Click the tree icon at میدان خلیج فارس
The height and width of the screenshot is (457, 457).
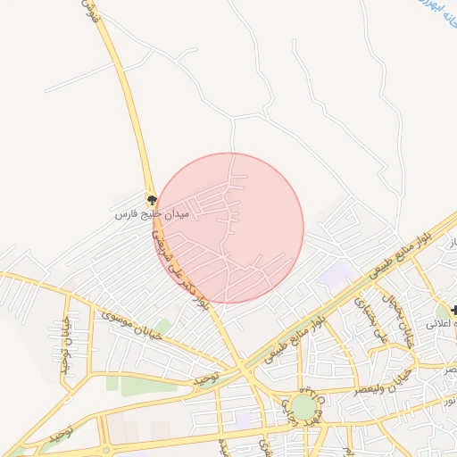[x=152, y=199]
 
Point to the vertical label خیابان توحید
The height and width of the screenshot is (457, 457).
[x=64, y=346]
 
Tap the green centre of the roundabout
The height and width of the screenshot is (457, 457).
[x=304, y=407]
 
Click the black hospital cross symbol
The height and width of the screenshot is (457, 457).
[x=455, y=310]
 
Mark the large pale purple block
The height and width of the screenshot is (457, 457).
[x=333, y=275]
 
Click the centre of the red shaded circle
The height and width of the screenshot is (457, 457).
[x=229, y=228]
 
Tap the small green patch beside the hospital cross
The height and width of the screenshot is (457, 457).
[x=442, y=312]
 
